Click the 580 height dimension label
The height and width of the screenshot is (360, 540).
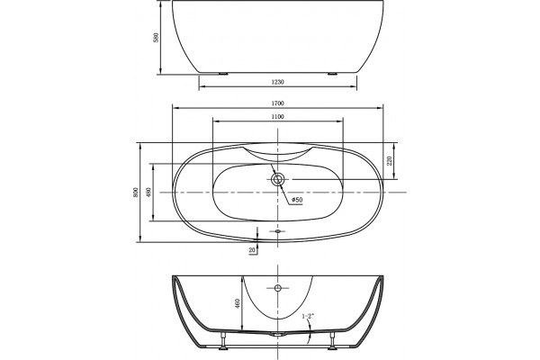(157, 37)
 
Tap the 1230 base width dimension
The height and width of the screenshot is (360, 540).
(277, 82)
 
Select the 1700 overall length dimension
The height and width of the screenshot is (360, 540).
(277, 103)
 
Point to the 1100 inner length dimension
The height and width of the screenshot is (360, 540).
(277, 117)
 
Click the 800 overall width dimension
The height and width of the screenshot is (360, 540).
(136, 193)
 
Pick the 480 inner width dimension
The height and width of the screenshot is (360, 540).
(148, 193)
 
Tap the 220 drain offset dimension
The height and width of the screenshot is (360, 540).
(390, 161)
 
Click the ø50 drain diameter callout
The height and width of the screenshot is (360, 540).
(297, 200)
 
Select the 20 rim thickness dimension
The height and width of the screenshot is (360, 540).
(252, 250)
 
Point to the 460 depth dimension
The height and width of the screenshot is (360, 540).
(238, 303)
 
